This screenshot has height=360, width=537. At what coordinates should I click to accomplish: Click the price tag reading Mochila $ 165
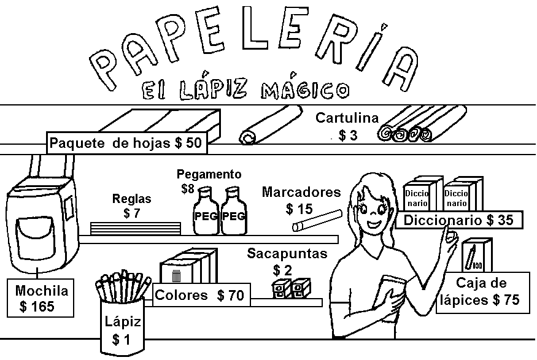42,298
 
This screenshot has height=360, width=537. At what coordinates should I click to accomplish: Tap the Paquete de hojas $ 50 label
126,143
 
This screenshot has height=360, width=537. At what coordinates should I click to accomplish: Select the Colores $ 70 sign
199,295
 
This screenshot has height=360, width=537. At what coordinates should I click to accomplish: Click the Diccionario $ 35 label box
458,220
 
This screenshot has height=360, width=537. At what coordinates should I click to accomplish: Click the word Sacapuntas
287,253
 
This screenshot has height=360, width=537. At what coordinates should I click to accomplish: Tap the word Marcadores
301,192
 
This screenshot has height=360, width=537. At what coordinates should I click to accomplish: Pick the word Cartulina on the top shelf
347,118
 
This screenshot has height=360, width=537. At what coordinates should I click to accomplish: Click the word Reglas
131,199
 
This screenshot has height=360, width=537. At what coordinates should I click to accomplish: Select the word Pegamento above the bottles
209,174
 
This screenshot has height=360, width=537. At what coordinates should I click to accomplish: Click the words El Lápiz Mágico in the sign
245,89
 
